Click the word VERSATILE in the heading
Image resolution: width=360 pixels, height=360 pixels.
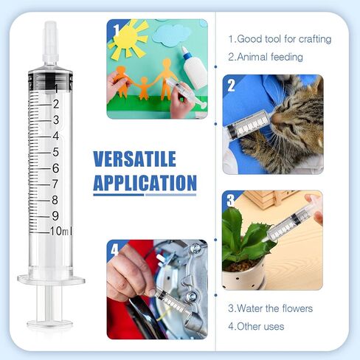(x=134, y=159)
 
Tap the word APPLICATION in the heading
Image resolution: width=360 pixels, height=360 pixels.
(x=145, y=183)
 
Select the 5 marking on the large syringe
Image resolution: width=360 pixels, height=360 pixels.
(x=56, y=152)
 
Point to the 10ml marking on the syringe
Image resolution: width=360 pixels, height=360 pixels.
(x=61, y=231)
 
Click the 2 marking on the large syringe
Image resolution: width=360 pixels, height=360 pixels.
(x=56, y=104)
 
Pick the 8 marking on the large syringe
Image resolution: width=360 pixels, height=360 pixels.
(x=55, y=200)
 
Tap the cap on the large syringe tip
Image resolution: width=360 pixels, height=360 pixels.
(x=51, y=42)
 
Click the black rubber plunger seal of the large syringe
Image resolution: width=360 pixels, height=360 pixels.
(x=50, y=80)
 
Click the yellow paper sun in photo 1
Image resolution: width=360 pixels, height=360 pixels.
(x=128, y=39)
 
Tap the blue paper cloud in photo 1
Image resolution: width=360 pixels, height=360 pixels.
(x=171, y=35)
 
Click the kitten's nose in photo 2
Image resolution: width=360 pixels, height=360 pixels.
(x=277, y=118)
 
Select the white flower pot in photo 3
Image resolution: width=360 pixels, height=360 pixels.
(x=243, y=275)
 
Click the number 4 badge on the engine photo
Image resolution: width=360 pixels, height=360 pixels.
(x=115, y=250)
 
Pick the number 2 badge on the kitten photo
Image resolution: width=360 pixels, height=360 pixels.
(x=231, y=86)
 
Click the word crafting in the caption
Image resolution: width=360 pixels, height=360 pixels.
(x=315, y=39)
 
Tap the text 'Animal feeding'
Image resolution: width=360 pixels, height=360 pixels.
(x=266, y=57)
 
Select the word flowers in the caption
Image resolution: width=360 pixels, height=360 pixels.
(x=297, y=308)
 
